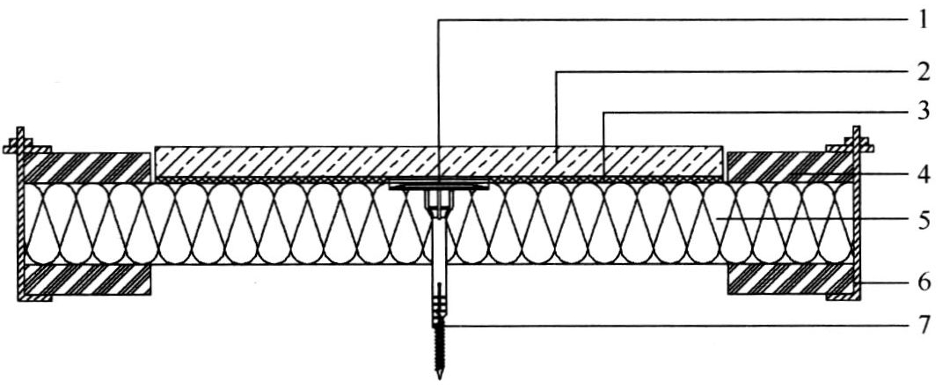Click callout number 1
pos(922,20)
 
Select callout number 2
pos(923,72)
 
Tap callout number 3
pos(923,112)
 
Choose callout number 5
pos(923,220)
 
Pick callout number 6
pos(923,283)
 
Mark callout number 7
pos(923,326)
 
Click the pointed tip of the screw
pos(439,378)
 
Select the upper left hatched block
pos(85,168)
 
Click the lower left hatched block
pos(85,279)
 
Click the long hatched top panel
pos(439,162)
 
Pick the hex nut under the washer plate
pos(439,199)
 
